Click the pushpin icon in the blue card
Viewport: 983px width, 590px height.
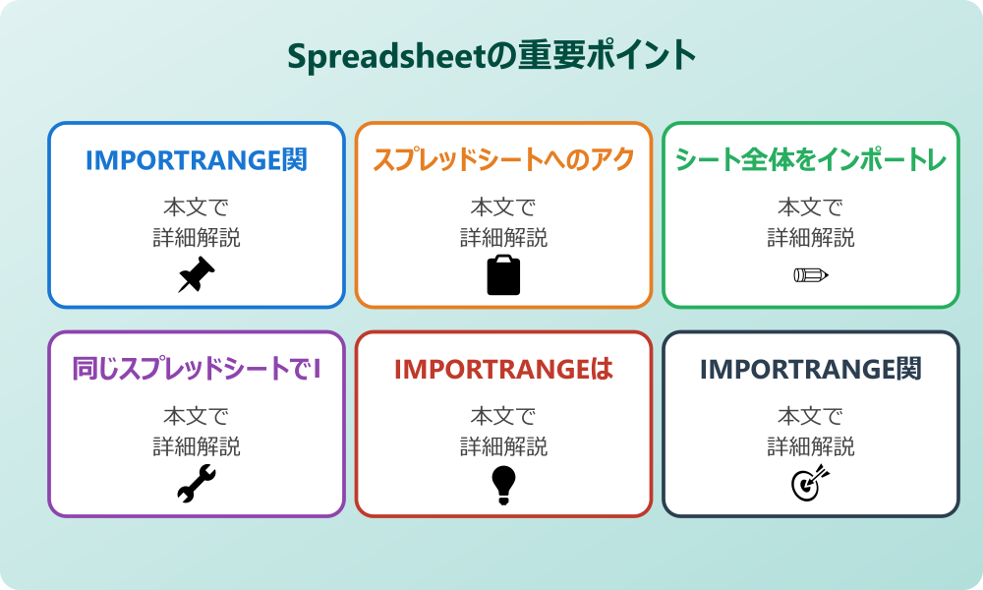(197, 275)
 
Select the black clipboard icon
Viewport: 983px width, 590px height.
(503, 275)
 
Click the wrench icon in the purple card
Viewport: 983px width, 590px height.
(197, 484)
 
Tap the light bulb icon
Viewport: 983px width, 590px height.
(503, 484)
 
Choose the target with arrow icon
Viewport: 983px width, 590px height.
(811, 484)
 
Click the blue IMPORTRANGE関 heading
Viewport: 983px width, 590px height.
(197, 160)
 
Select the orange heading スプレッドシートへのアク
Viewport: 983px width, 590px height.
(503, 160)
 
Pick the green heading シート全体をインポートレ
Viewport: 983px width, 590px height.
(811, 160)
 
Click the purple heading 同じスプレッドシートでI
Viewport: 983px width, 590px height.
(197, 370)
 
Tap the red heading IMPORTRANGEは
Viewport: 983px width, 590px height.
(503, 370)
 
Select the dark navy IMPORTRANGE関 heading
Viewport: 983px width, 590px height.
(811, 370)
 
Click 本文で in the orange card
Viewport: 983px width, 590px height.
(503, 207)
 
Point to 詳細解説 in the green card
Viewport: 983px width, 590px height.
(811, 238)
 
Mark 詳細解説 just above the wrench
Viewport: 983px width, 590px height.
(197, 446)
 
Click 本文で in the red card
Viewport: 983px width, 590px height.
(503, 416)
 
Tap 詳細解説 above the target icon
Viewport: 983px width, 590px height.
(811, 446)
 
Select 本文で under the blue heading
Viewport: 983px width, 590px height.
(197, 207)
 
